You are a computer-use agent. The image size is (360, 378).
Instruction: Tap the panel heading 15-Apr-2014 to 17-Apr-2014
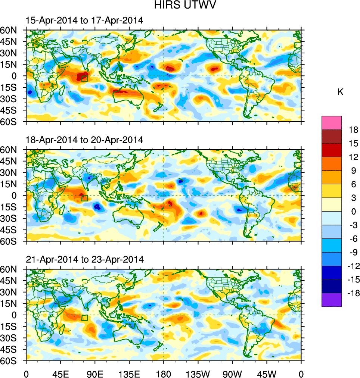pyautogui.click(x=84, y=21)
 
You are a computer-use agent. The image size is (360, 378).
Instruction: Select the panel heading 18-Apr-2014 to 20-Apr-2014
pyautogui.click(x=84, y=140)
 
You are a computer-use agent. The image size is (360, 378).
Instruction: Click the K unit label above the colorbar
pyautogui.click(x=341, y=92)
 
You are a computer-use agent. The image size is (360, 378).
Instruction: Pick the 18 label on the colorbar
pyautogui.click(x=353, y=130)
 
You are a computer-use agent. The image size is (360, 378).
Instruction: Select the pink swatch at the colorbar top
pyautogui.click(x=332, y=122)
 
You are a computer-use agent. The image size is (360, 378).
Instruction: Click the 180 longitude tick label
pyautogui.click(x=164, y=373)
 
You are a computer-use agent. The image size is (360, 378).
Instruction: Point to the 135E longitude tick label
pyautogui.click(x=129, y=373)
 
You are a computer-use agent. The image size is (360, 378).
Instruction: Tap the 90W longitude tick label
pyautogui.click(x=232, y=373)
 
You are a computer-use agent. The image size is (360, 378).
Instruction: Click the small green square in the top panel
pyautogui.click(x=84, y=78)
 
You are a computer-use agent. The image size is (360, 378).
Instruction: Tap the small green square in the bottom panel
pyautogui.click(x=84, y=318)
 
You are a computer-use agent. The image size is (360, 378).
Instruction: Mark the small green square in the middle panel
pyautogui.click(x=84, y=198)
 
